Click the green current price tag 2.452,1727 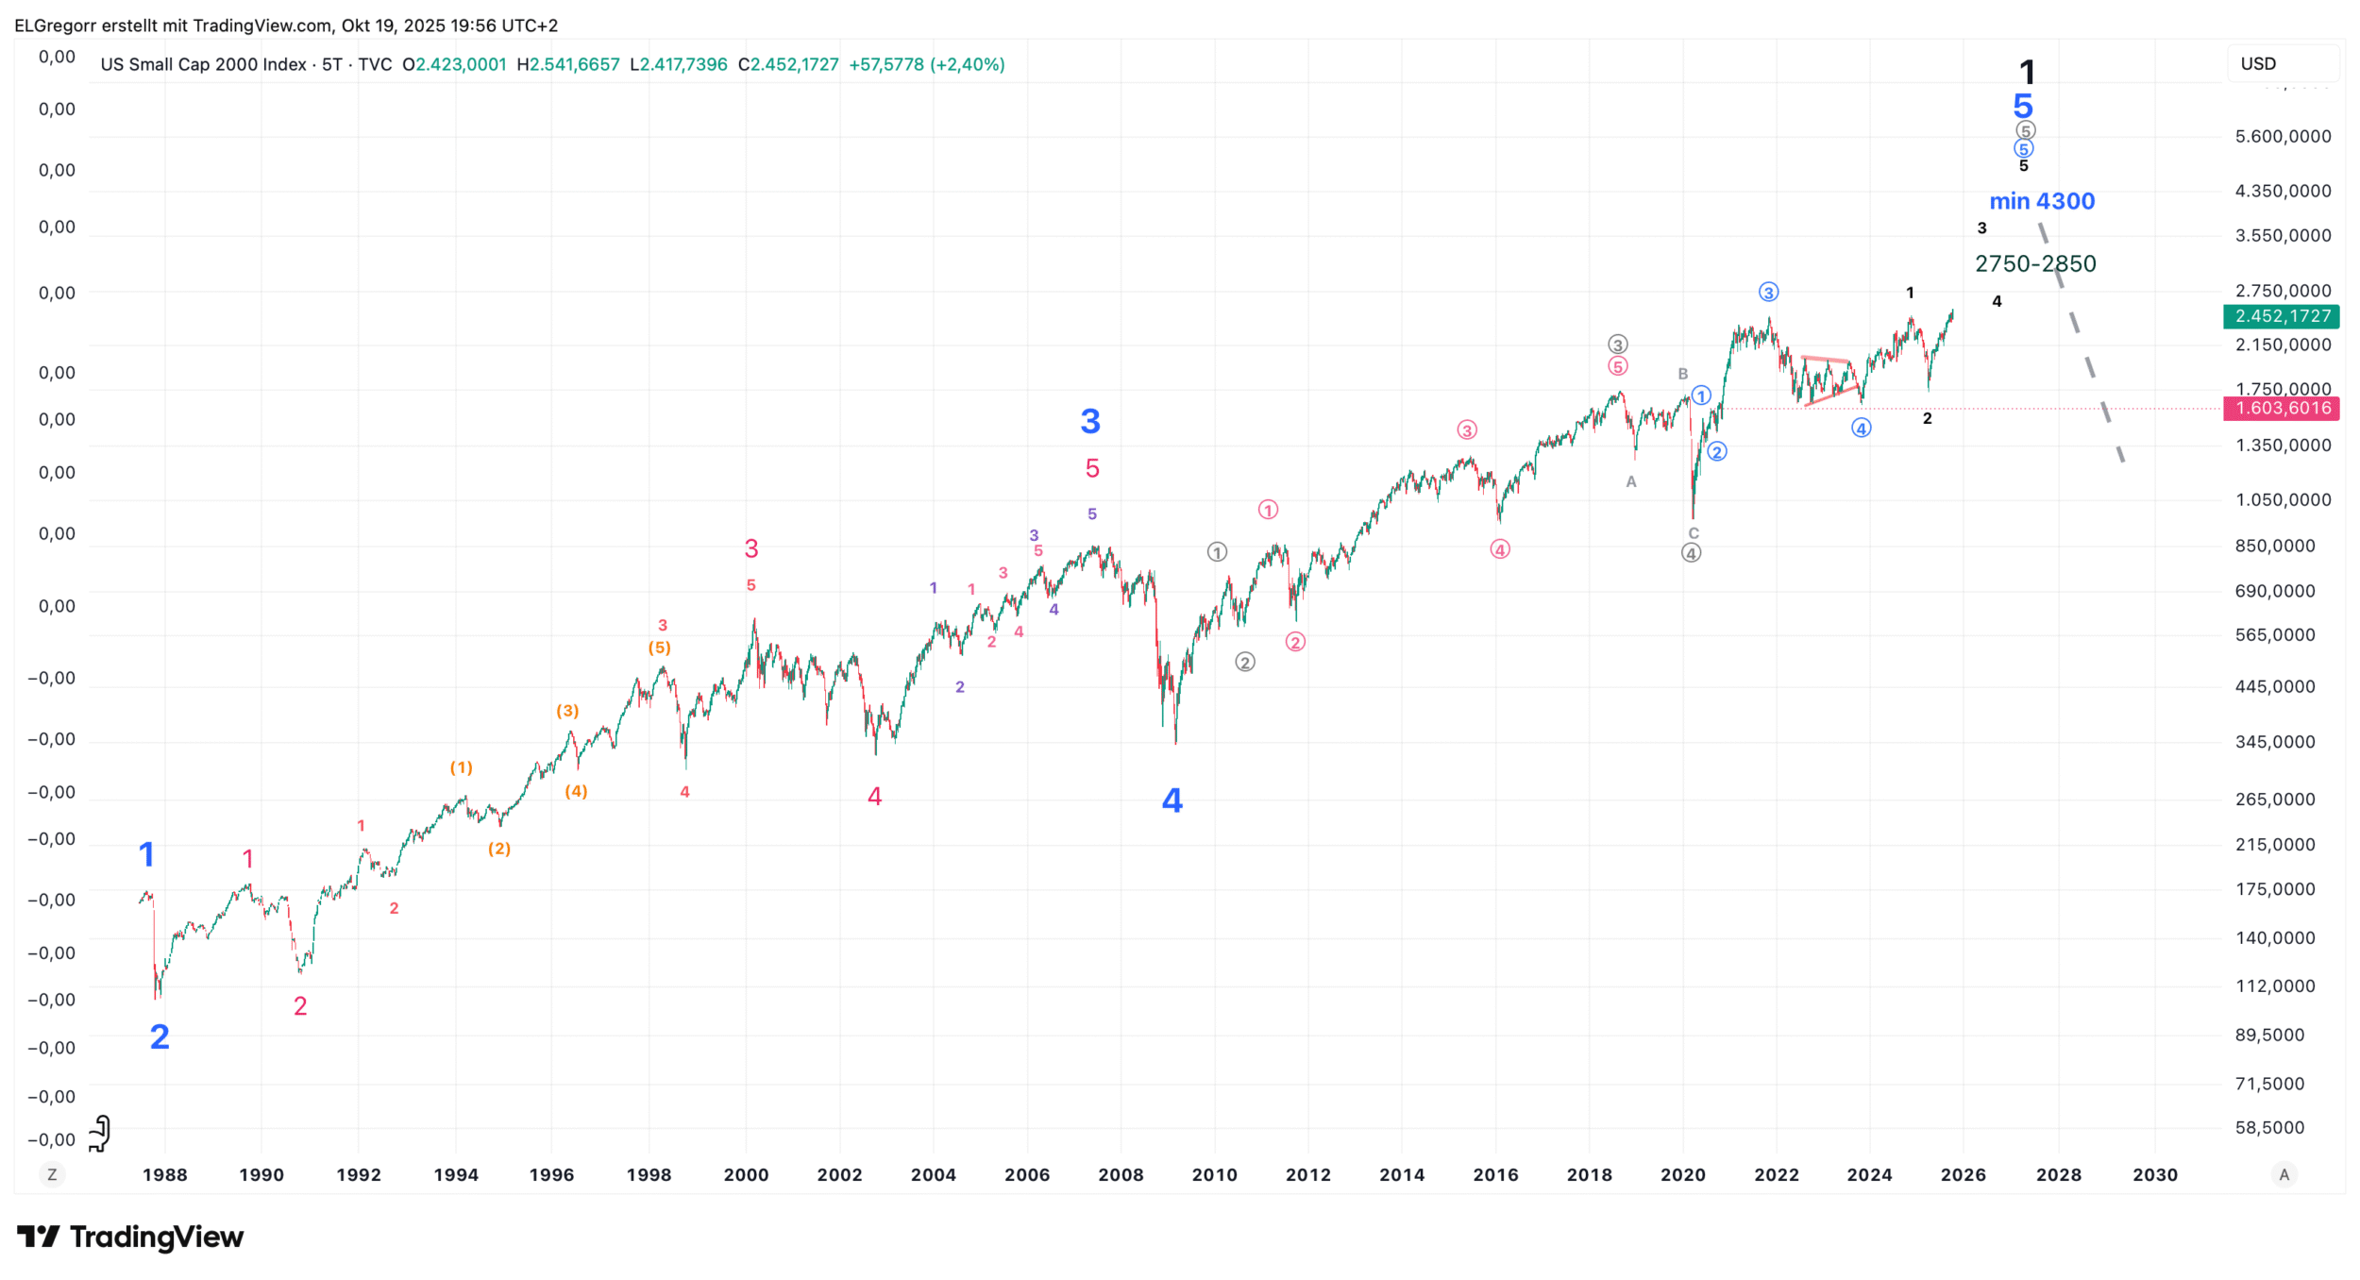point(2281,316)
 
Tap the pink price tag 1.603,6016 point(2281,409)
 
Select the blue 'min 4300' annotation point(2041,201)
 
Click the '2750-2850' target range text point(2034,264)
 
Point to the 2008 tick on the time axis point(1121,1175)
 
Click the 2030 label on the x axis point(2155,1175)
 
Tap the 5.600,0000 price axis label point(2283,137)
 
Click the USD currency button point(2258,64)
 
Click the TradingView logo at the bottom point(130,1237)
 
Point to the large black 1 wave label point(2027,73)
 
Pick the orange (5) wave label point(659,648)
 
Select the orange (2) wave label point(499,850)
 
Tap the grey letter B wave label point(1682,375)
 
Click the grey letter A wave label point(1631,482)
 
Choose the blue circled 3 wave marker point(1768,293)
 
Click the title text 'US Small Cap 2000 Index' point(203,65)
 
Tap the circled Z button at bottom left point(52,1175)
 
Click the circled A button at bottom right point(2284,1175)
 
